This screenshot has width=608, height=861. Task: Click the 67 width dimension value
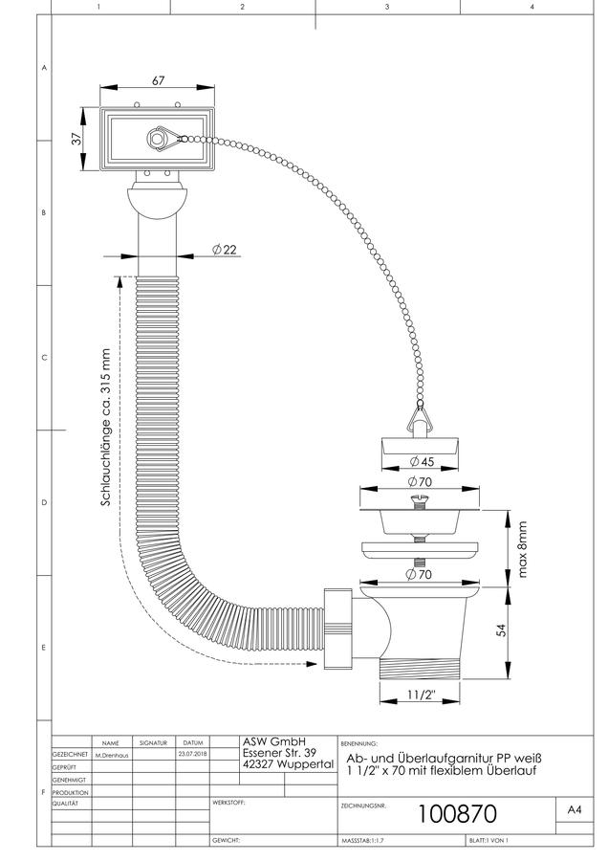coord(158,80)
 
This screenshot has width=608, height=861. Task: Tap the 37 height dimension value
coord(76,139)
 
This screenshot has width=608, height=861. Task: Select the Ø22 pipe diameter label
coord(225,250)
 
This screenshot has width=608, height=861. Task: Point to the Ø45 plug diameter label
coord(422,461)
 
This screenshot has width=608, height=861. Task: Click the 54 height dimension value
coord(501,629)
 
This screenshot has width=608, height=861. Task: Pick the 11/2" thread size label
coord(421,695)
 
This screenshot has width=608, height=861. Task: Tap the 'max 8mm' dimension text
coord(522,549)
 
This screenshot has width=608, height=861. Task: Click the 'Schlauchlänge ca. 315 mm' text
coord(106,428)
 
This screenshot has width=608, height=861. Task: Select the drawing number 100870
coord(457,814)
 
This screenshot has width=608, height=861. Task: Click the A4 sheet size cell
coord(574,809)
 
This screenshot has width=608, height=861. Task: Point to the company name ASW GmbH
coord(273,741)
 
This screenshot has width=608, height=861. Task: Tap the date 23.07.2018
coord(192,755)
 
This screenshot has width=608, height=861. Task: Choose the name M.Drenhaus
coord(112,755)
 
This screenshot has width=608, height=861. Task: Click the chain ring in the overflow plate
coord(158,139)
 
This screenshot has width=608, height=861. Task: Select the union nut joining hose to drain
coord(337,629)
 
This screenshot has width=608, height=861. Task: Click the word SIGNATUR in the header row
coord(153,743)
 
